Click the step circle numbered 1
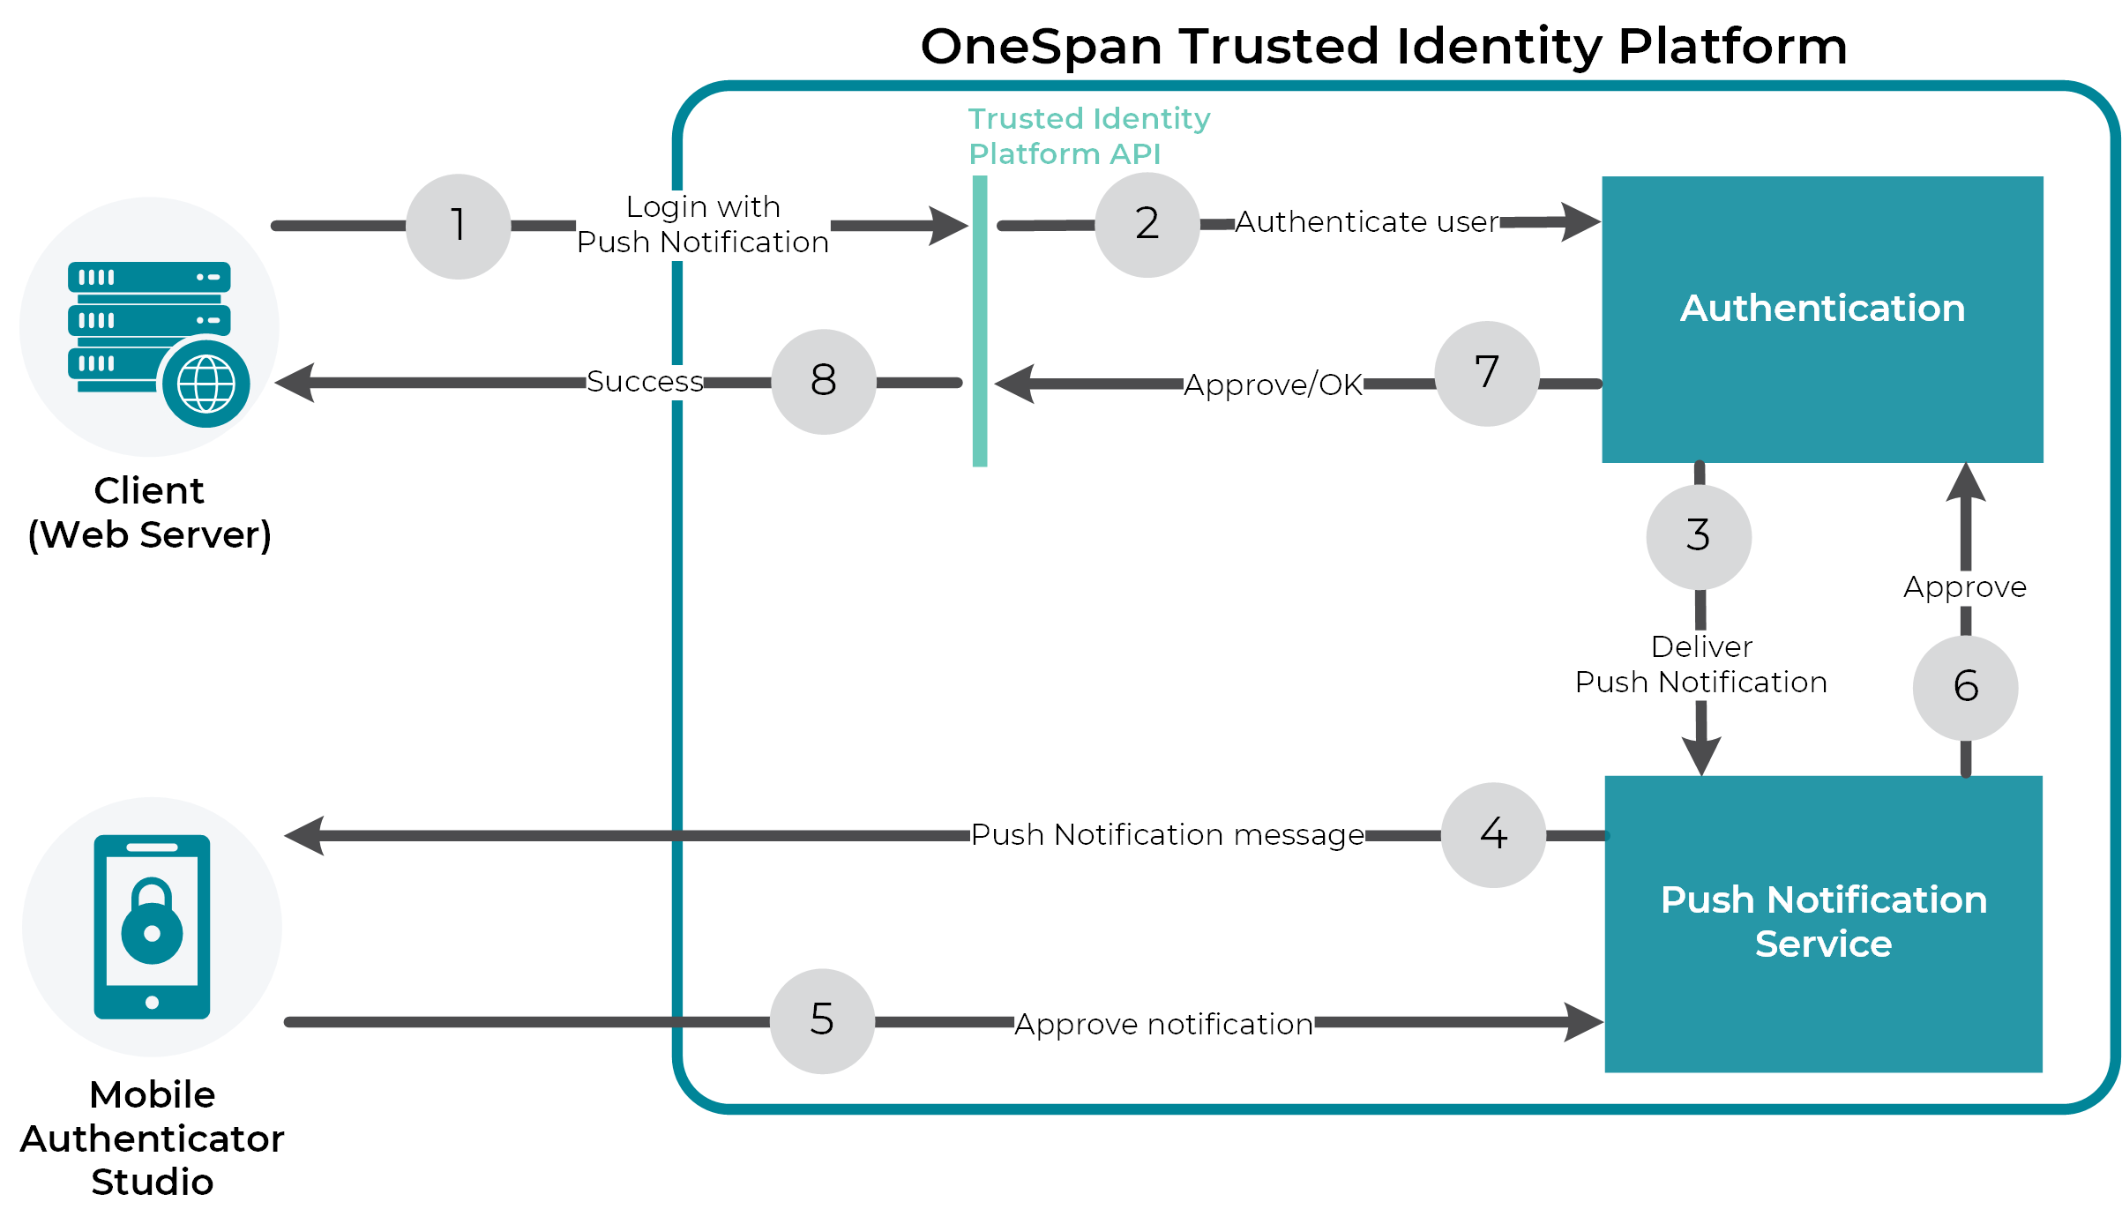tap(458, 227)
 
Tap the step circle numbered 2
tap(1147, 225)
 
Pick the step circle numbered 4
tap(1493, 834)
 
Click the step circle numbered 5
tap(822, 1021)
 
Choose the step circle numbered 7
tap(1487, 374)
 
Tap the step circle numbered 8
tap(823, 382)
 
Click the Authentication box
tap(1822, 318)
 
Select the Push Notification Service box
tap(1823, 922)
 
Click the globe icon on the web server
tap(205, 384)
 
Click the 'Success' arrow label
tap(645, 382)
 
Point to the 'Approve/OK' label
tap(1273, 385)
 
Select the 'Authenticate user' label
tap(1366, 222)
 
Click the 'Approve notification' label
tap(1163, 1025)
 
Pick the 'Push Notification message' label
tap(1167, 835)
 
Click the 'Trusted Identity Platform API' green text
tap(1088, 136)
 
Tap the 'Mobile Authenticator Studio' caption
tap(152, 1138)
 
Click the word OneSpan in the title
tap(1041, 47)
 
